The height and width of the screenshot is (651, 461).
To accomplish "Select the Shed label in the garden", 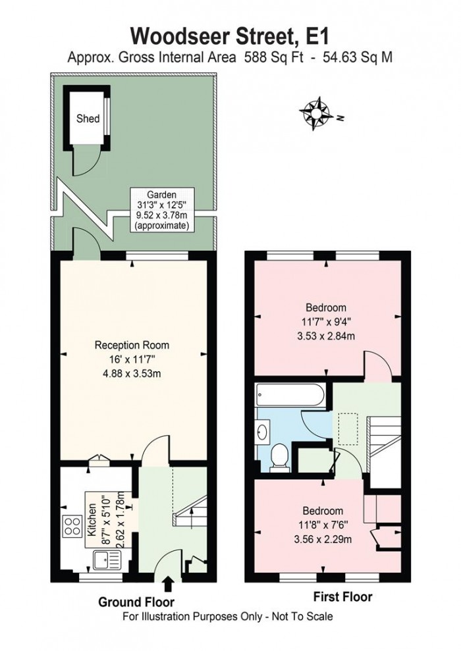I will pos(88,119).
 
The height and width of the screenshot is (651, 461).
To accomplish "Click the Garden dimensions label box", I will pos(162,209).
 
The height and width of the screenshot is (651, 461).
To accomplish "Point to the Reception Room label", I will pos(132,344).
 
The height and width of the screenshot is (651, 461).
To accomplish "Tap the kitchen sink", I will pos(105,560).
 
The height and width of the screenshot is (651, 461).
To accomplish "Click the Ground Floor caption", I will pos(136,602).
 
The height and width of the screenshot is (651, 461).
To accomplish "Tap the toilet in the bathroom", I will pos(279,457).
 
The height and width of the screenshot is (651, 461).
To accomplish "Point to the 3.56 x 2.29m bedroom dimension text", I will pos(323,538).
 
